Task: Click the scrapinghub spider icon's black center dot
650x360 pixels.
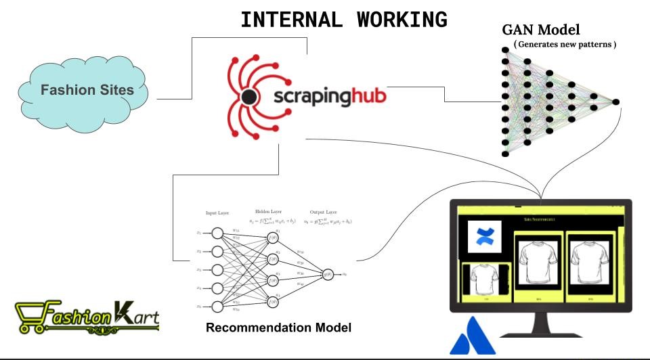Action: pos(249,98)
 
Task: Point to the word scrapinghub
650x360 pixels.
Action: pos(330,97)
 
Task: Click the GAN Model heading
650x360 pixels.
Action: pos(541,30)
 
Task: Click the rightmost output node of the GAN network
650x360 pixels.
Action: pos(615,102)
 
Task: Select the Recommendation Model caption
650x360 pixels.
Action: pos(278,328)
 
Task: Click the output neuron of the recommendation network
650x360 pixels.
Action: pos(328,274)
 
